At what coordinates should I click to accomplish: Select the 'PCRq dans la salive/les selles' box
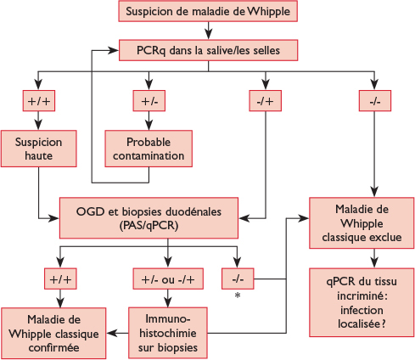207,50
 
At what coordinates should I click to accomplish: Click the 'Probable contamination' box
149,148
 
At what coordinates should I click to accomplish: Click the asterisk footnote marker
238,295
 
